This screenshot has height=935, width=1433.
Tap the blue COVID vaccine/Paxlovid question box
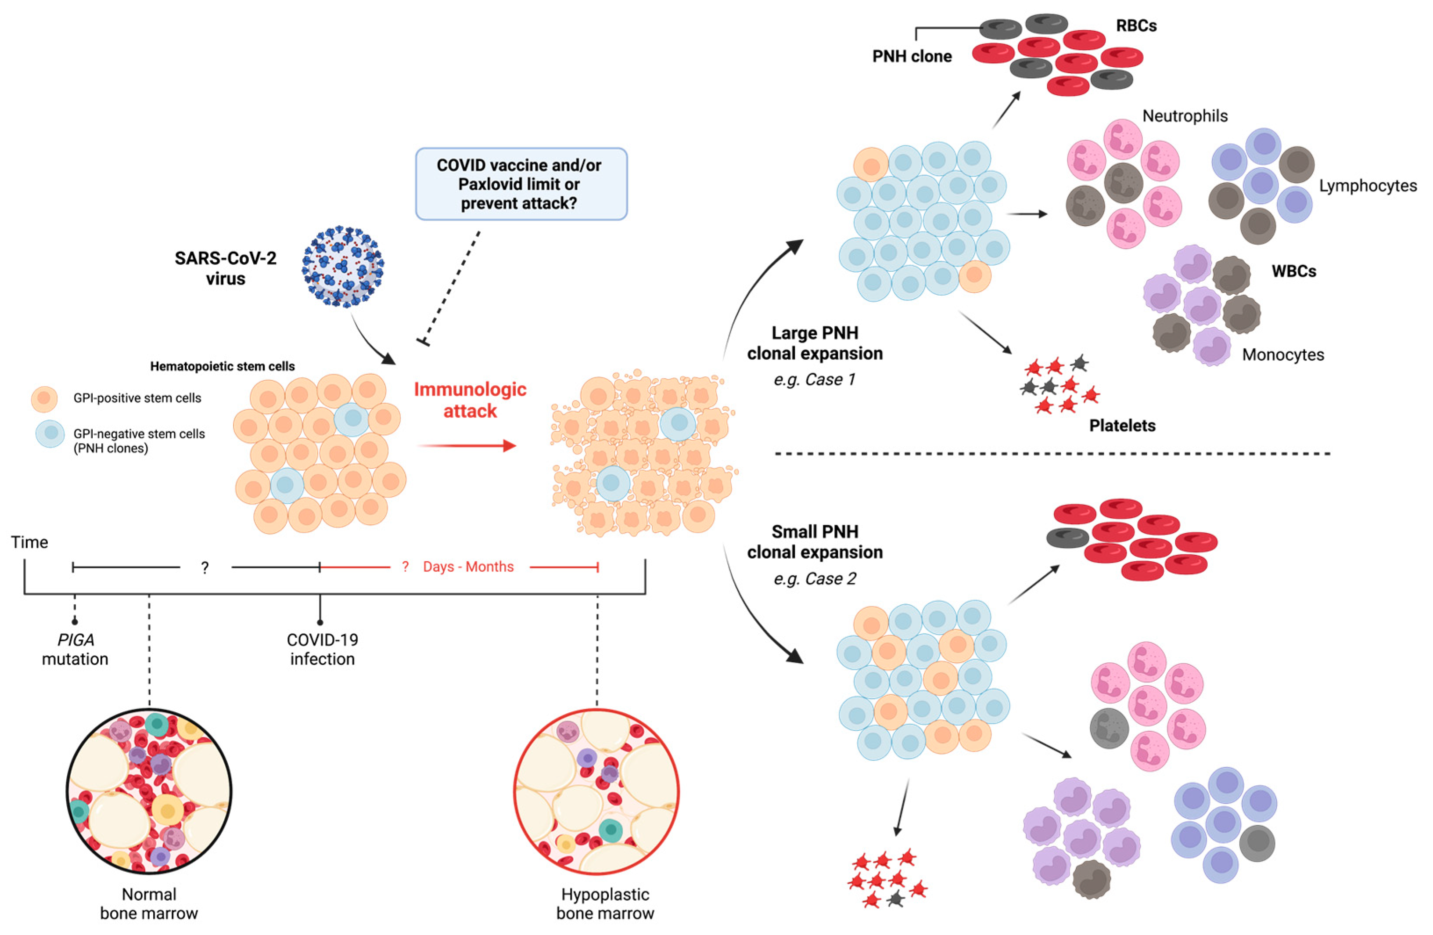[x=521, y=184]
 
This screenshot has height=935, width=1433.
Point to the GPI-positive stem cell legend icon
[x=44, y=399]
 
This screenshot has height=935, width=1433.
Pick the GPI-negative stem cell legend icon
[x=50, y=433]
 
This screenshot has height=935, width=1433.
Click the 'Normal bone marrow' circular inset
[x=149, y=791]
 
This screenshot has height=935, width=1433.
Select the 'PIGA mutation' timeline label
[x=75, y=650]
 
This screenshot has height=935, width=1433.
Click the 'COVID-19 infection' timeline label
[x=322, y=650]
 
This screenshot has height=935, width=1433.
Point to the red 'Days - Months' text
[x=468, y=567]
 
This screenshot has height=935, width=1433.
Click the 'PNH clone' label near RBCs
[x=912, y=57]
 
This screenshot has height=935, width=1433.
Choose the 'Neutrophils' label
[x=1184, y=116]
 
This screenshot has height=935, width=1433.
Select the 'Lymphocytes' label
[x=1367, y=186]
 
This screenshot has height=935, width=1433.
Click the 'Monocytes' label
[x=1282, y=355]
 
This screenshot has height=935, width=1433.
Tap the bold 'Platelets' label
[x=1122, y=425]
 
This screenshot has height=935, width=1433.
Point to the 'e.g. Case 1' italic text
[x=814, y=379]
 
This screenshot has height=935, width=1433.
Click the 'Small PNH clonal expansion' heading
[x=815, y=542]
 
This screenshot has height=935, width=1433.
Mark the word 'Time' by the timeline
[x=29, y=542]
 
